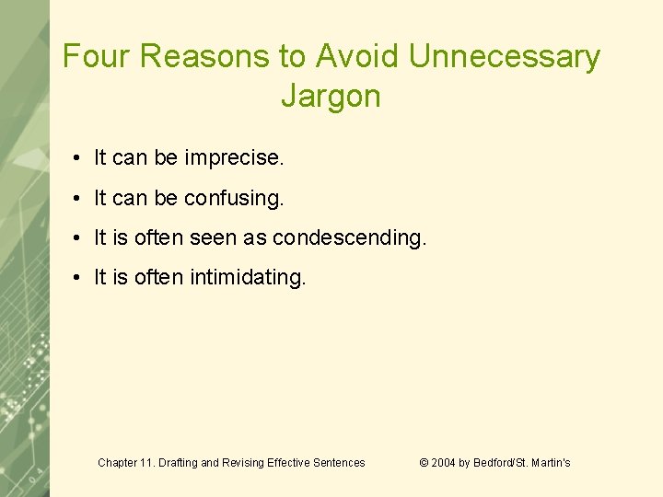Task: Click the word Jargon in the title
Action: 331,96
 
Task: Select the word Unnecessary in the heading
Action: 504,57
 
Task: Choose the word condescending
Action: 350,237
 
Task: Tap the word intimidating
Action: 248,277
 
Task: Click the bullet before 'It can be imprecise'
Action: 82,159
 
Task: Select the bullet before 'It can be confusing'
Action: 82,199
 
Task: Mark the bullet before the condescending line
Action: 82,238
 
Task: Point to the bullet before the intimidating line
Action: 82,278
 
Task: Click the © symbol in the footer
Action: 424,463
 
